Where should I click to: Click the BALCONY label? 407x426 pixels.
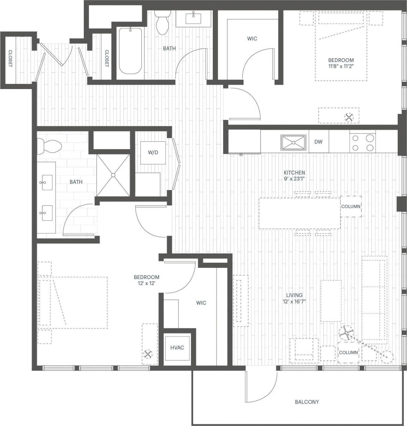307,402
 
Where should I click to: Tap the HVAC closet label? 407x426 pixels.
177,348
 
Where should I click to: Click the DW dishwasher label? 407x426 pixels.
318,142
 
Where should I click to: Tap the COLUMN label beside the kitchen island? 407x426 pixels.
351,207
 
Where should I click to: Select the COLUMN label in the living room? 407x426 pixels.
348,353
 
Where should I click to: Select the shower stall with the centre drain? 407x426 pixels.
113,175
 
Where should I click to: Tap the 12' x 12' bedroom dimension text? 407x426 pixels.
146,284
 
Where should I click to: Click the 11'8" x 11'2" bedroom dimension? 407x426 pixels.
341,67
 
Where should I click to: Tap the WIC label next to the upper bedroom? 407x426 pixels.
252,39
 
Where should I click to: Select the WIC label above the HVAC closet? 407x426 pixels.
201,303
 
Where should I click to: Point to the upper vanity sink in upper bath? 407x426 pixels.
193,17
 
